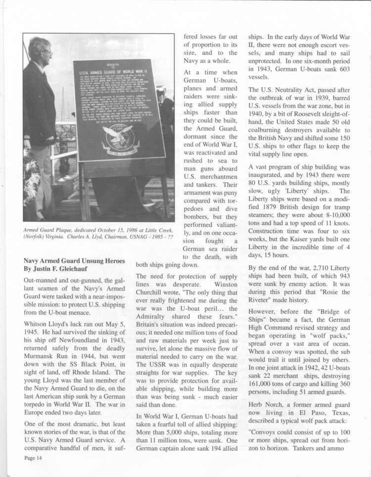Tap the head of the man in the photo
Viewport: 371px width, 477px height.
coord(39,50)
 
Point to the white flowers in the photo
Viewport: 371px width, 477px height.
coord(31,178)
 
